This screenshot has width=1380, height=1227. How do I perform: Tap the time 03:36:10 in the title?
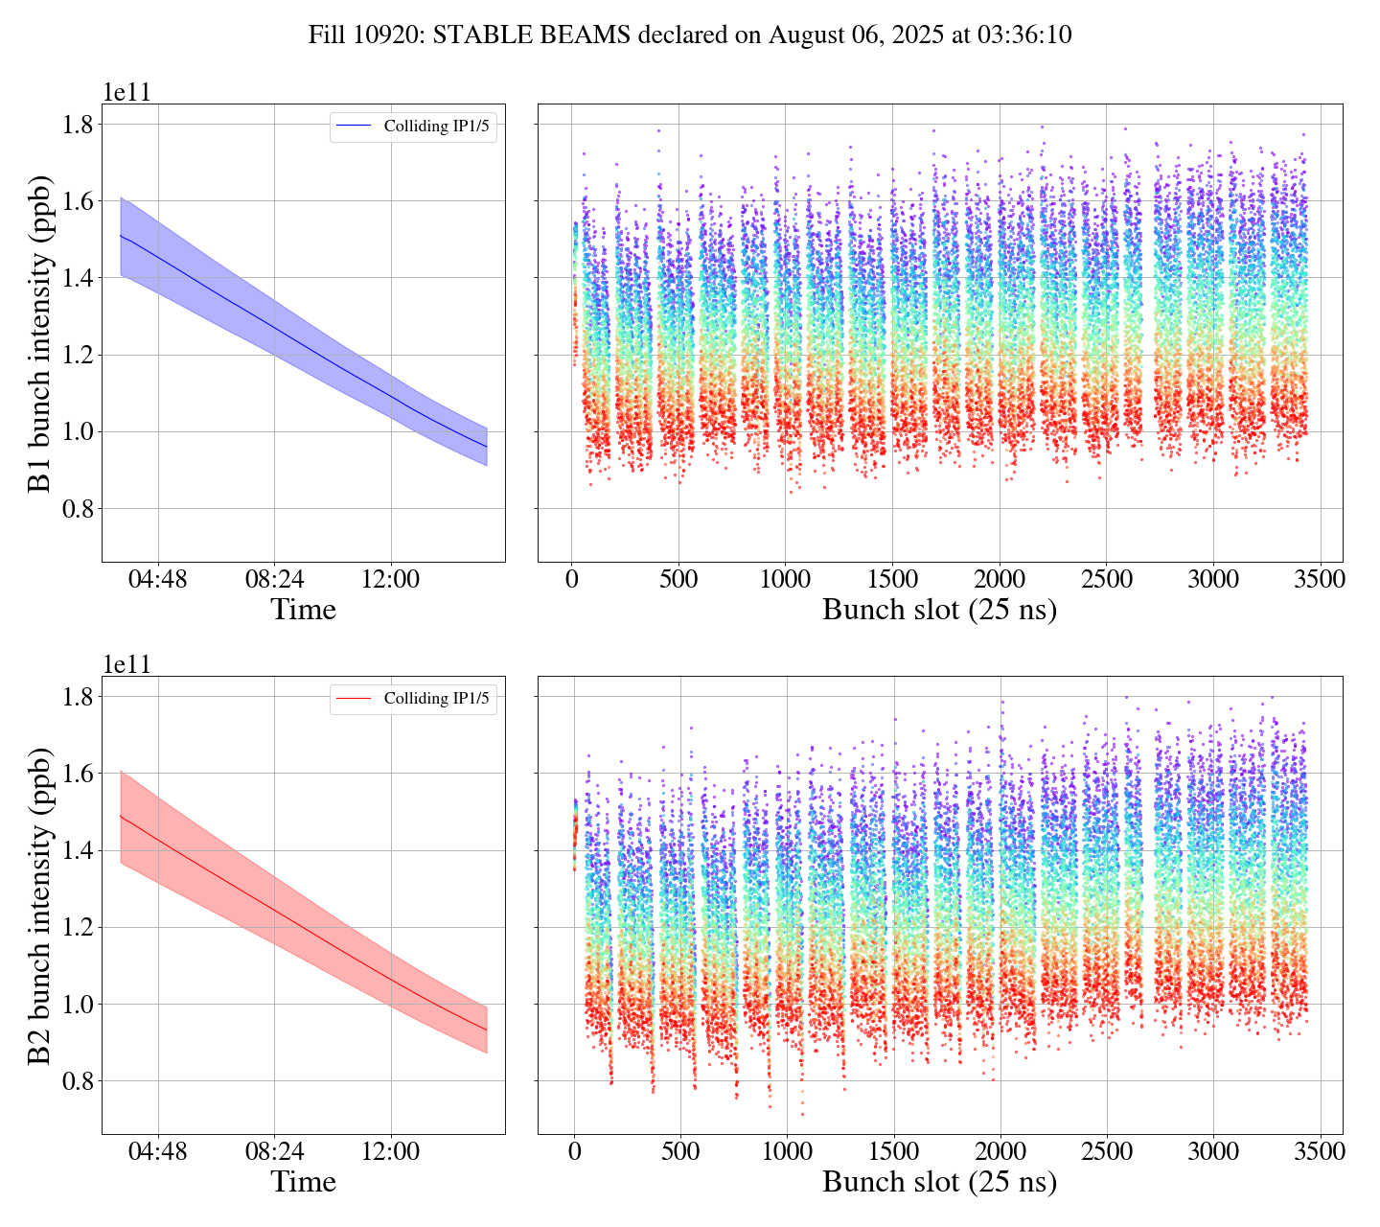pos(1024,35)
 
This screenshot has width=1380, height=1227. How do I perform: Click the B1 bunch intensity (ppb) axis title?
pos(40,334)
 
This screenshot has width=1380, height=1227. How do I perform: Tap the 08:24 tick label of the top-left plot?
pos(274,580)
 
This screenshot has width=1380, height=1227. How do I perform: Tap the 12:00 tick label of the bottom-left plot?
pos(391,1151)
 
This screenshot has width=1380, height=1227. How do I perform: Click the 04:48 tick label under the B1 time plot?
pos(158,580)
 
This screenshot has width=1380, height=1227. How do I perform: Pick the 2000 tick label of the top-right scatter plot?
pos(999,580)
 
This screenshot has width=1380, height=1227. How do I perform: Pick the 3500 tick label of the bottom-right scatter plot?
pos(1321,1151)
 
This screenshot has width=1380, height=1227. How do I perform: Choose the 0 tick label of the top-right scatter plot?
pos(572,580)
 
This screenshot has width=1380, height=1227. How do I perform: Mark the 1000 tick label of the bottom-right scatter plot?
pos(787,1151)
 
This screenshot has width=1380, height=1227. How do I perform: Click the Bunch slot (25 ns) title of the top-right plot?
pos(939,610)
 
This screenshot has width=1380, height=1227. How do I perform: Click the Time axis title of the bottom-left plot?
pos(303,1181)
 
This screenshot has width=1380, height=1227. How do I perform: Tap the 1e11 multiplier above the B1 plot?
pos(126,92)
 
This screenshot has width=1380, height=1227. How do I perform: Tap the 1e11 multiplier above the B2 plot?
pos(126,664)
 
